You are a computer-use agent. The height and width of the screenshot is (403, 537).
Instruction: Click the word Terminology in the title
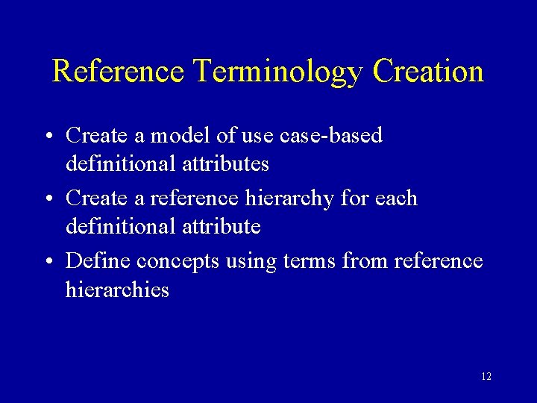click(277, 72)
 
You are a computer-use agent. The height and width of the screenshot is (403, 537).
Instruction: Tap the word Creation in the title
click(428, 72)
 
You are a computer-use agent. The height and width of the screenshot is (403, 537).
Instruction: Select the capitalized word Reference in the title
click(118, 72)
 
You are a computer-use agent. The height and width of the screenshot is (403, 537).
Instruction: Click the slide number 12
click(486, 377)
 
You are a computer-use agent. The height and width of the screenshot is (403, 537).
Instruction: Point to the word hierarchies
click(117, 289)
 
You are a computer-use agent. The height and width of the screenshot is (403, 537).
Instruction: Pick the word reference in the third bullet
click(439, 261)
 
